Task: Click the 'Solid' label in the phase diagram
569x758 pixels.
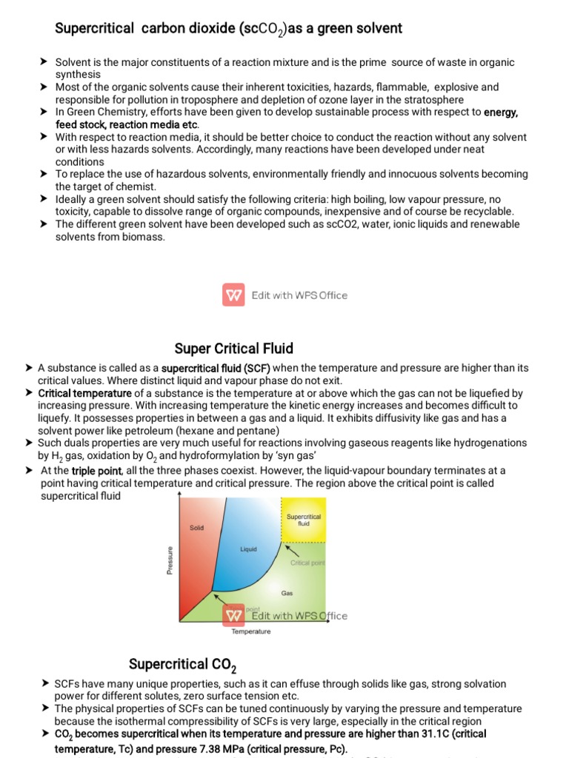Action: click(196, 528)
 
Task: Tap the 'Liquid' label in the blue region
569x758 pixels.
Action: click(248, 549)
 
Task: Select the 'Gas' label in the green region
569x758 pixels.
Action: click(287, 593)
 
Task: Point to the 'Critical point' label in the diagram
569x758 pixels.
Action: click(307, 563)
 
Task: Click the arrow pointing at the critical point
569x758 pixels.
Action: click(292, 551)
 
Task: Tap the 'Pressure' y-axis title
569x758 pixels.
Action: click(170, 560)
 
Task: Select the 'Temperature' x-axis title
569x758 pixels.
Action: click(251, 631)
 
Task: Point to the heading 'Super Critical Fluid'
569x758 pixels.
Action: click(234, 348)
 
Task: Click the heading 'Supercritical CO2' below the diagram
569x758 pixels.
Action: click(182, 663)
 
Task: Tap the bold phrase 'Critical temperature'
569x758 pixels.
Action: click(85, 393)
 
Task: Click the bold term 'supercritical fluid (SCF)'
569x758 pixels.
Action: click(216, 368)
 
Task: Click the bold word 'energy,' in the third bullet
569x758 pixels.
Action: click(501, 113)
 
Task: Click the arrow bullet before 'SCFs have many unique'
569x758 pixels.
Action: click(46, 683)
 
